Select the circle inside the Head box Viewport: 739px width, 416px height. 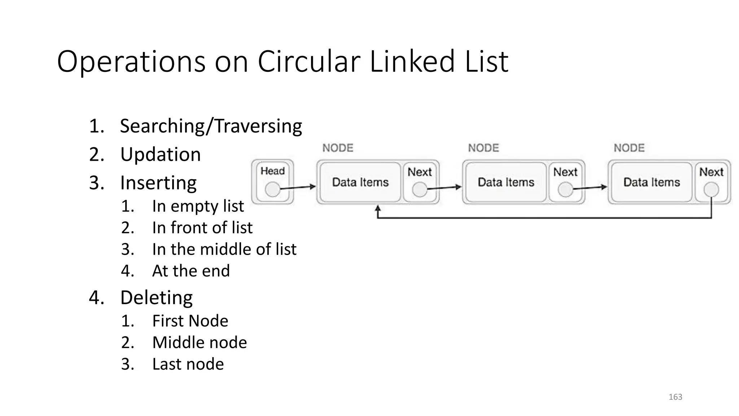point(272,189)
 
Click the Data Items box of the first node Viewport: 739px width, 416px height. point(360,182)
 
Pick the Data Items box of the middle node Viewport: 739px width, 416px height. point(506,182)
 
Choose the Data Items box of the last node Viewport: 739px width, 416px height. point(652,182)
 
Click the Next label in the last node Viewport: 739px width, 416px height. point(711,172)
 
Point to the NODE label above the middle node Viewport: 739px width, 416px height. point(484,148)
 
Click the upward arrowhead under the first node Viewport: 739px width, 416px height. point(378,209)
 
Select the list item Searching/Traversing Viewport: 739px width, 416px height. point(211,126)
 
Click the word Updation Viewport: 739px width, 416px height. point(160,155)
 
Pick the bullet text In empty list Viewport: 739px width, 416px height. point(198,206)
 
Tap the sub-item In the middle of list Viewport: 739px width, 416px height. point(224,249)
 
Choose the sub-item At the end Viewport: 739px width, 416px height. point(191,271)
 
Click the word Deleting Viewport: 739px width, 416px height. point(156,298)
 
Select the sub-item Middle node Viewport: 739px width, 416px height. point(200,342)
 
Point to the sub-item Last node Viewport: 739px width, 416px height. point(188,364)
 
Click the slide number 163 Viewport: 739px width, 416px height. point(675,397)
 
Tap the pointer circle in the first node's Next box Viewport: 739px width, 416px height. point(420,189)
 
